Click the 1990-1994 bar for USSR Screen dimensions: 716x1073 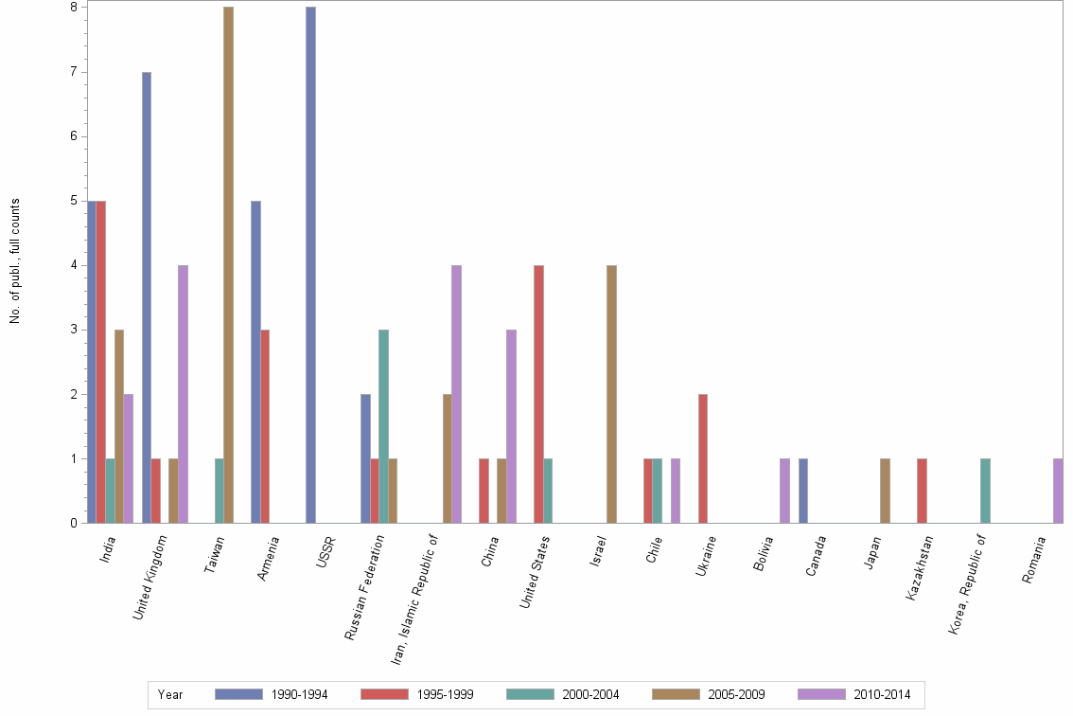point(310,265)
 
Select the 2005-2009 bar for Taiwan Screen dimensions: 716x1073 point(228,265)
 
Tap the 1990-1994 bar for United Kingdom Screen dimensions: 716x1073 point(147,297)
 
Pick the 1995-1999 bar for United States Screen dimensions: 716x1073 point(538,394)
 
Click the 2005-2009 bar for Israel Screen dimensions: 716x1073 point(611,394)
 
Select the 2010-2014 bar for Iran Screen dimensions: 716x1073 point(457,394)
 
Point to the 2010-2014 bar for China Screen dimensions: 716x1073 point(511,426)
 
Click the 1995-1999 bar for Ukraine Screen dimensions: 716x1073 point(703,458)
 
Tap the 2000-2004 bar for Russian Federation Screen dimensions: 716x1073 point(383,426)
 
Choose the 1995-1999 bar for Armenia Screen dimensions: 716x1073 point(265,426)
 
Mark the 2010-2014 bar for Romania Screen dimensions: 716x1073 point(1058,491)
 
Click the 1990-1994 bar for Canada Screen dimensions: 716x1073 point(802,491)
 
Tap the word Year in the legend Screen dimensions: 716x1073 point(170,695)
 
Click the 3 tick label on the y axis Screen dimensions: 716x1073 point(74,330)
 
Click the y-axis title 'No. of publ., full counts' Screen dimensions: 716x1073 point(15,261)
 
